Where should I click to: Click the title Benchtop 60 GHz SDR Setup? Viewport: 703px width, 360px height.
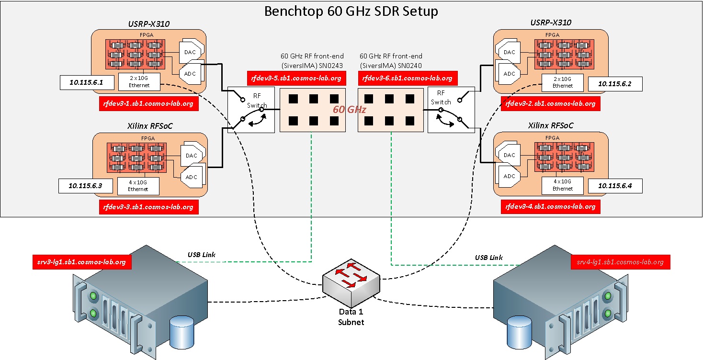pos(351,11)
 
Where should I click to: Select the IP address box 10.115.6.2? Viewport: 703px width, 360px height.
pos(615,83)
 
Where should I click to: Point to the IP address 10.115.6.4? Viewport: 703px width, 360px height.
pos(615,186)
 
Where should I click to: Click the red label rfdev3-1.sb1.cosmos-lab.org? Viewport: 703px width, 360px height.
pos(148,103)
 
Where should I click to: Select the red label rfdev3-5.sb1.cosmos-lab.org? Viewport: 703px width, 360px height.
pos(295,78)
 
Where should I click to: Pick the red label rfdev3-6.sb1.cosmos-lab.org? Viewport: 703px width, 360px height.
pos(407,78)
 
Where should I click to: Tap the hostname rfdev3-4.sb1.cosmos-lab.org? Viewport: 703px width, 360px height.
pos(550,206)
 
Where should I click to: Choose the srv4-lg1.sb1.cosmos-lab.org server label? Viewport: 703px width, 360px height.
pos(620,262)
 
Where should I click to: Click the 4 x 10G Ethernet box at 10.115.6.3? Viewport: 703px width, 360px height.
pos(138,186)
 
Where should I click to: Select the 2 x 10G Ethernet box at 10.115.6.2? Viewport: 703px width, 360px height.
pos(562,82)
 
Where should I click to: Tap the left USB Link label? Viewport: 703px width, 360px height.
pos(201,255)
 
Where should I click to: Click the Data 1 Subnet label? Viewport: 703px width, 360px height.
pos(351,317)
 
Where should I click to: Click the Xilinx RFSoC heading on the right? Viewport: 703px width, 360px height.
pos(550,125)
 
